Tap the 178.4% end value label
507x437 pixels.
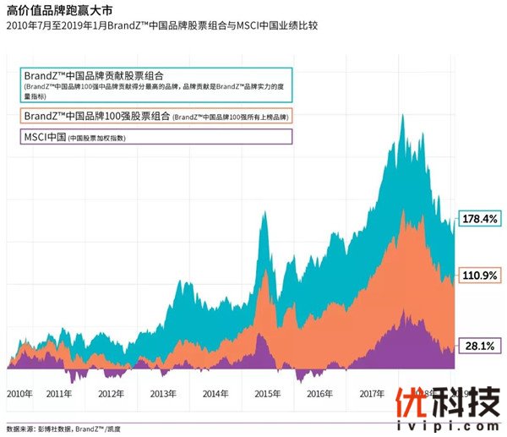480,219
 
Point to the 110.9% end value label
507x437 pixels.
480,275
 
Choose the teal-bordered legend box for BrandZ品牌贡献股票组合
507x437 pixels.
157,85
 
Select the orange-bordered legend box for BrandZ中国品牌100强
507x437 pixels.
157,116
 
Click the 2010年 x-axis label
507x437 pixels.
19,394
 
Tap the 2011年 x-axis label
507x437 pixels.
59,394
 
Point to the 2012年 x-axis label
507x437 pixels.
112,394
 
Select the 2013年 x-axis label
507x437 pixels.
163,394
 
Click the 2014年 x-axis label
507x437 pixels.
215,394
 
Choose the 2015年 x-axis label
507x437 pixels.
267,394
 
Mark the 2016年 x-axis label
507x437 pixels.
319,394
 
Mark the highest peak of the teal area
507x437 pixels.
401,113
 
